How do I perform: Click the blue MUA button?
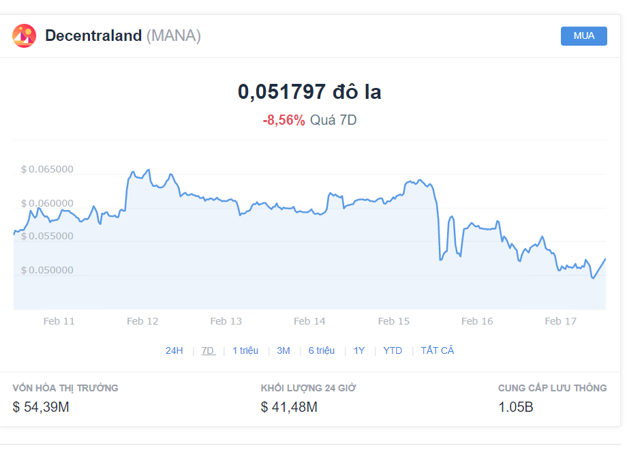583,36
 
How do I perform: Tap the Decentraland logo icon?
24,35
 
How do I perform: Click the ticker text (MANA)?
174,35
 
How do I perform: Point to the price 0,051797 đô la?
309,91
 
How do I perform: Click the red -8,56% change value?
284,120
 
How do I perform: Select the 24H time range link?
174,351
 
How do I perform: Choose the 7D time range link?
208,351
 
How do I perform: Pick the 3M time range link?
284,351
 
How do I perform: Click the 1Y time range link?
359,351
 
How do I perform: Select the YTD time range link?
393,351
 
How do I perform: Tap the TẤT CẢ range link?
438,350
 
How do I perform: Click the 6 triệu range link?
322,351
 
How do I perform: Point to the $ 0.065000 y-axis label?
47,169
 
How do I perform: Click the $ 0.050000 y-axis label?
47,270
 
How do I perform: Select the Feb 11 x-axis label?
59,321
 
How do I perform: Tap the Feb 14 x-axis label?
309,321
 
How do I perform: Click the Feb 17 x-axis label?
561,321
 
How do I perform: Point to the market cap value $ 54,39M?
41,407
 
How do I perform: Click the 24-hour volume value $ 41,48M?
289,407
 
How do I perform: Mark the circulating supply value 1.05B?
516,407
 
